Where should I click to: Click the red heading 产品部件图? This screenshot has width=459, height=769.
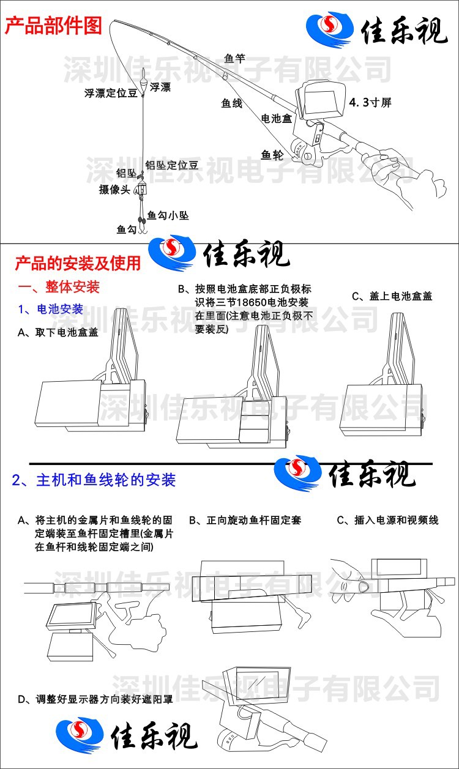(53, 26)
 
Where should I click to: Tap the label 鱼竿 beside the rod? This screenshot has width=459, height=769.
(234, 58)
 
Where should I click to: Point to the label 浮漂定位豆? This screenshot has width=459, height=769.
(111, 93)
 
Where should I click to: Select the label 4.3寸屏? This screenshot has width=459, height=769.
(370, 102)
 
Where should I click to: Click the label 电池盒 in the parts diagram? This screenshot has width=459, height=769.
(277, 119)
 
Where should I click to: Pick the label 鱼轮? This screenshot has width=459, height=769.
(272, 155)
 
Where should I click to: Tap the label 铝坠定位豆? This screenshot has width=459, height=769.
(171, 165)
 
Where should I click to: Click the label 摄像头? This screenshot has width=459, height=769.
(114, 189)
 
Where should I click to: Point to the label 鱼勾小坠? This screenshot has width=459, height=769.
(168, 215)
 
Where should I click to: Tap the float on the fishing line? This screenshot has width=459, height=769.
(143, 82)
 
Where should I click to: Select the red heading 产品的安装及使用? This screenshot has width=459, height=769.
(78, 264)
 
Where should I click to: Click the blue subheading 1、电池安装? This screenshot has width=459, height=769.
(50, 309)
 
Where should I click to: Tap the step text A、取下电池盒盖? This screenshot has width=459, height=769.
(58, 332)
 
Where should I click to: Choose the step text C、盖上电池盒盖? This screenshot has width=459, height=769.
(392, 296)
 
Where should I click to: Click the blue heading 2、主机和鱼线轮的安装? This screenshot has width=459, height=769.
(94, 480)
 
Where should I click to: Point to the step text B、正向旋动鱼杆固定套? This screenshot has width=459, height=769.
(245, 520)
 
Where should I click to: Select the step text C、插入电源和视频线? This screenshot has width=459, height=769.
(387, 520)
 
